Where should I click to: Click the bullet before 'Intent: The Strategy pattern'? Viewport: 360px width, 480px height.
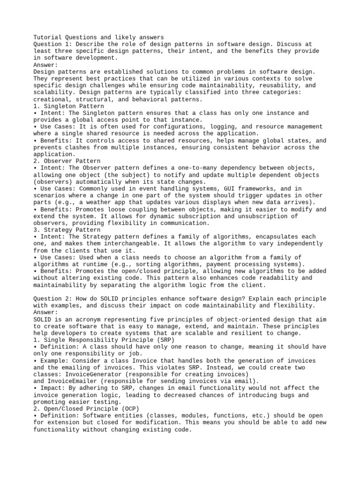pyautogui.click(x=36, y=237)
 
